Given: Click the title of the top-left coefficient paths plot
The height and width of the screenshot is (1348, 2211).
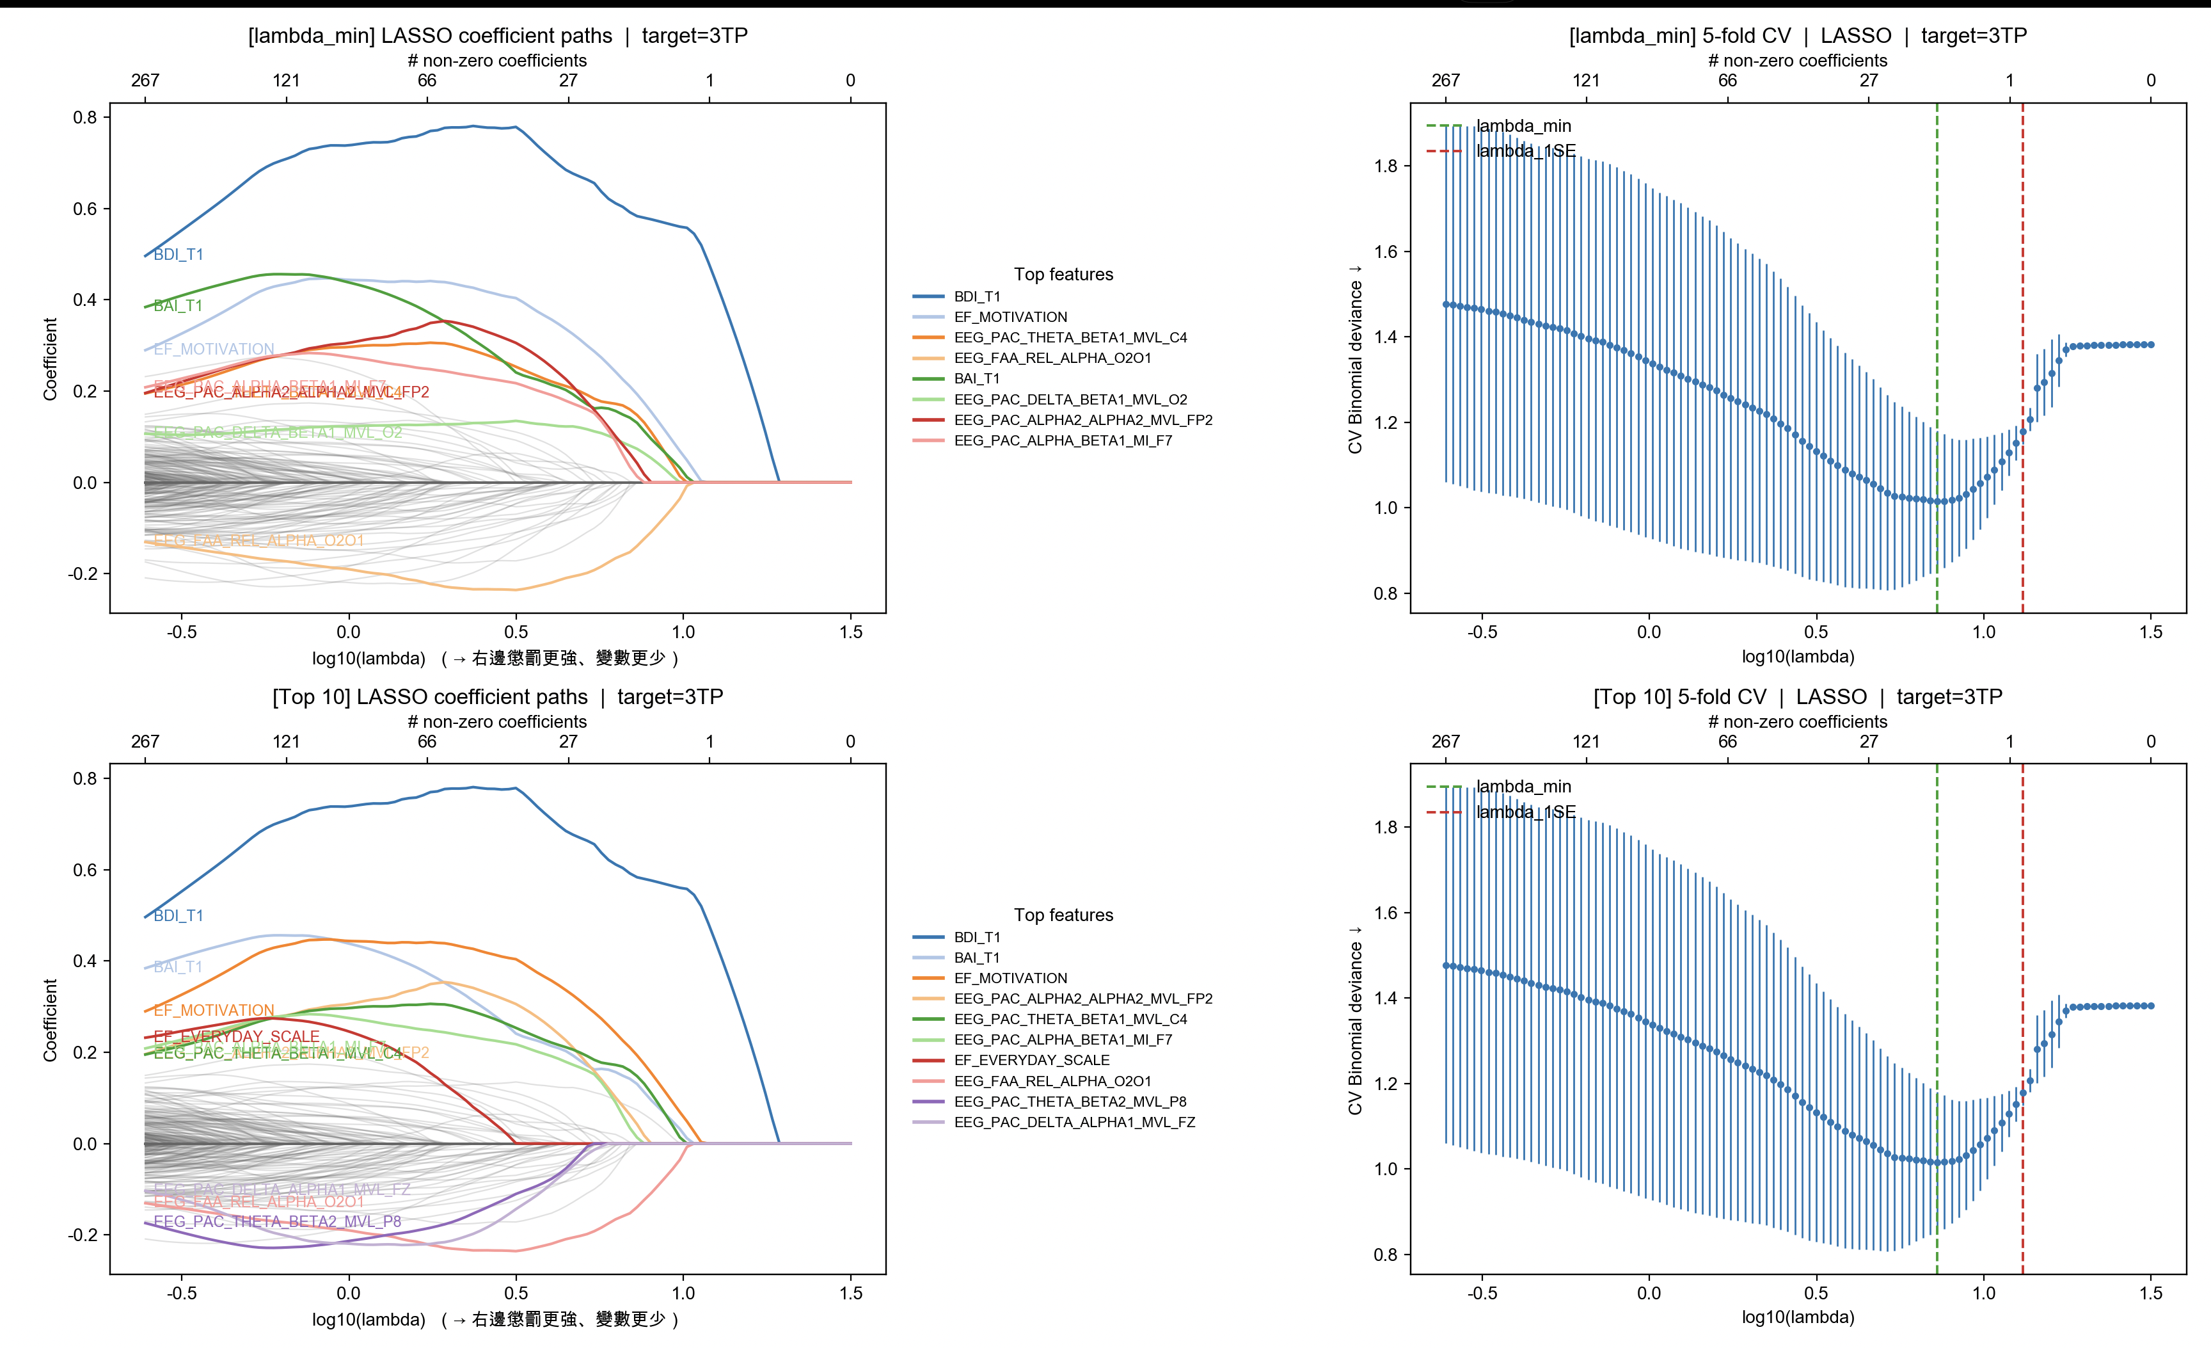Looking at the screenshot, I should click(497, 36).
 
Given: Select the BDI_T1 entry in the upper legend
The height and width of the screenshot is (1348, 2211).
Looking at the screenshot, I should click(976, 296).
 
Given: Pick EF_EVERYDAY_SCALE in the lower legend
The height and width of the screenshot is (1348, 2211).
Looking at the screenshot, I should click(1031, 1060).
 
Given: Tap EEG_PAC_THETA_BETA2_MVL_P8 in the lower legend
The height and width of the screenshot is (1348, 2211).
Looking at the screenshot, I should click(1070, 1101).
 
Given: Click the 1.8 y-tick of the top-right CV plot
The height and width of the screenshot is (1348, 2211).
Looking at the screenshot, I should click(1386, 166).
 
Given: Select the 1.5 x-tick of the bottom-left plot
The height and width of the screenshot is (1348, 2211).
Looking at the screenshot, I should click(851, 1293).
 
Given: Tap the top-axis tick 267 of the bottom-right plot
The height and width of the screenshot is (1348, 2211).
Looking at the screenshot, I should click(1445, 741).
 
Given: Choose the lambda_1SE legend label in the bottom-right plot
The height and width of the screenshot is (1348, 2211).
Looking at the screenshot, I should click(1525, 812).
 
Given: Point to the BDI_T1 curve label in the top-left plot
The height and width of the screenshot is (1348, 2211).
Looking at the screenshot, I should click(178, 255).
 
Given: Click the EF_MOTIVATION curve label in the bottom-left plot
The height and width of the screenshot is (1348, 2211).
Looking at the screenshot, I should click(214, 1011).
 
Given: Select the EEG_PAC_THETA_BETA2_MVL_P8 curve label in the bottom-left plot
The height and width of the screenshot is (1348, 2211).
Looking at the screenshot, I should click(277, 1221).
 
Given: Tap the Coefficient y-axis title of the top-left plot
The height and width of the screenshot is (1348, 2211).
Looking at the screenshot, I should click(51, 359).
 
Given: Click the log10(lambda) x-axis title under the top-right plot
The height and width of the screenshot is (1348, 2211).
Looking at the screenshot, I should click(1797, 656).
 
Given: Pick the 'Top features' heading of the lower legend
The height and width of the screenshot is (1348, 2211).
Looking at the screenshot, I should click(1063, 915).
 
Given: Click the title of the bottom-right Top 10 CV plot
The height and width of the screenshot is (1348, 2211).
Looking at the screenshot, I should click(1797, 697).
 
